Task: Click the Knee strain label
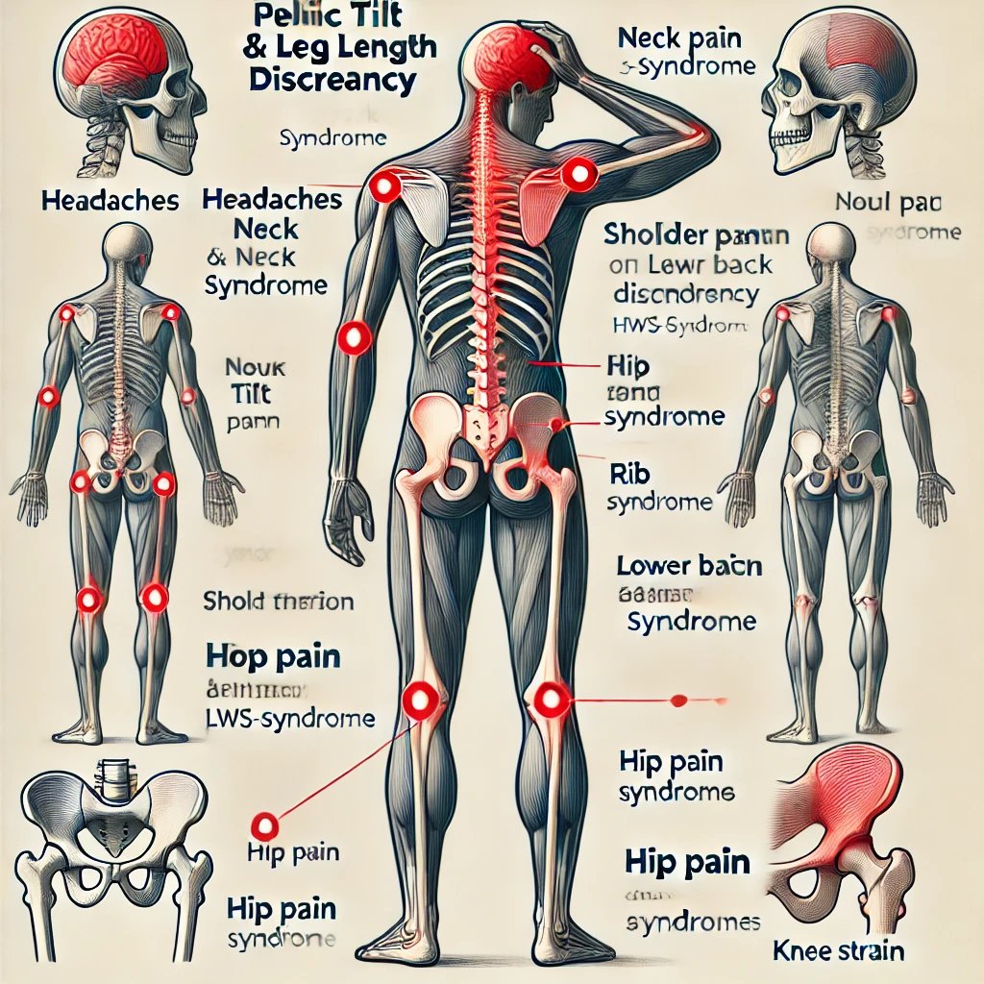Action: [x=838, y=951]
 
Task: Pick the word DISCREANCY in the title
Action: [x=332, y=80]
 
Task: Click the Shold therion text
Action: [x=279, y=603]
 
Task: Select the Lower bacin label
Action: [x=690, y=566]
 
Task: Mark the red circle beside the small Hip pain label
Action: [x=263, y=824]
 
